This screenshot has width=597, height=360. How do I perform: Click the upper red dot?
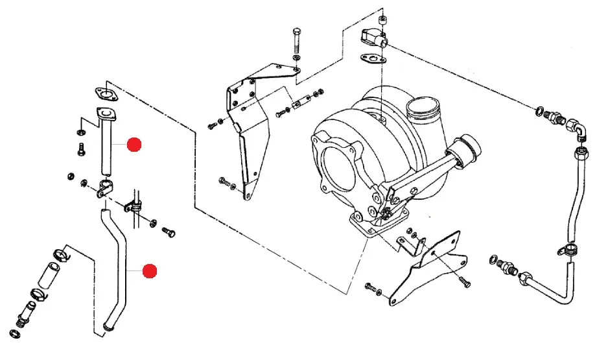click(134, 145)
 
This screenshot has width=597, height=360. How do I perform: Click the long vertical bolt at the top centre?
click(296, 43)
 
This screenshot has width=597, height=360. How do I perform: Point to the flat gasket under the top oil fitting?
click(373, 60)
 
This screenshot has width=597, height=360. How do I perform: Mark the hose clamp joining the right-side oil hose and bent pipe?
click(571, 248)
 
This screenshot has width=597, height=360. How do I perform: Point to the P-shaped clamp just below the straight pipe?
click(104, 191)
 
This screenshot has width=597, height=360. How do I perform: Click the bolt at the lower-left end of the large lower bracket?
click(371, 287)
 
